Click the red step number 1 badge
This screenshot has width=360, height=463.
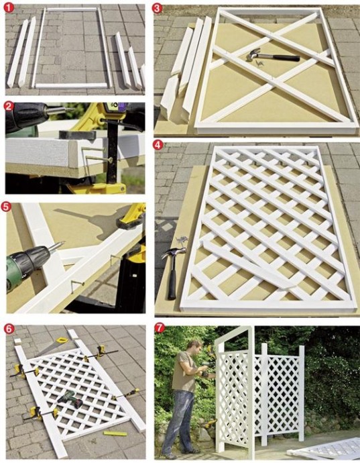tap(9, 7)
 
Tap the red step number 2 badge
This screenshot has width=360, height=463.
tap(9, 106)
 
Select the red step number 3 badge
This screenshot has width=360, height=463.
tap(157, 8)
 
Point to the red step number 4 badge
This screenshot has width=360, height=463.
tap(158, 145)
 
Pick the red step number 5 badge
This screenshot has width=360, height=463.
tap(7, 207)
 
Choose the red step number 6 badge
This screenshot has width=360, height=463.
tap(9, 329)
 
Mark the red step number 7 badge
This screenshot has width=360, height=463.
tap(160, 328)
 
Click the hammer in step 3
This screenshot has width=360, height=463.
tap(273, 56)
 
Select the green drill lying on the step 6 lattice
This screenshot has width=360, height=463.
tap(70, 399)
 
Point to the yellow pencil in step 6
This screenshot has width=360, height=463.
tap(115, 433)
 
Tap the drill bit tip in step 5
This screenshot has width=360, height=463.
tap(64, 242)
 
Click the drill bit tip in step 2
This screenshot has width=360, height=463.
tap(74, 109)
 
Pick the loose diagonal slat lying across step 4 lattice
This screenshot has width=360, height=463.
tap(247, 264)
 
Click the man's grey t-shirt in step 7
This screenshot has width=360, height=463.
tap(182, 372)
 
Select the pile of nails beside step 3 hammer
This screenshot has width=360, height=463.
tap(257, 62)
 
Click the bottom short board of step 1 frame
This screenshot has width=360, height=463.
tap(71, 86)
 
